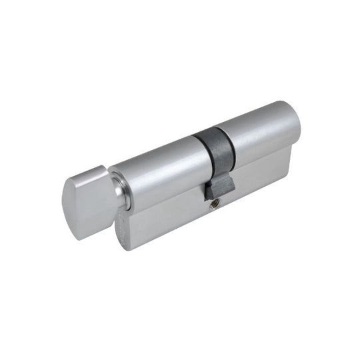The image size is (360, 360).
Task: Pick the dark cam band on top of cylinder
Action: point(213,143)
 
